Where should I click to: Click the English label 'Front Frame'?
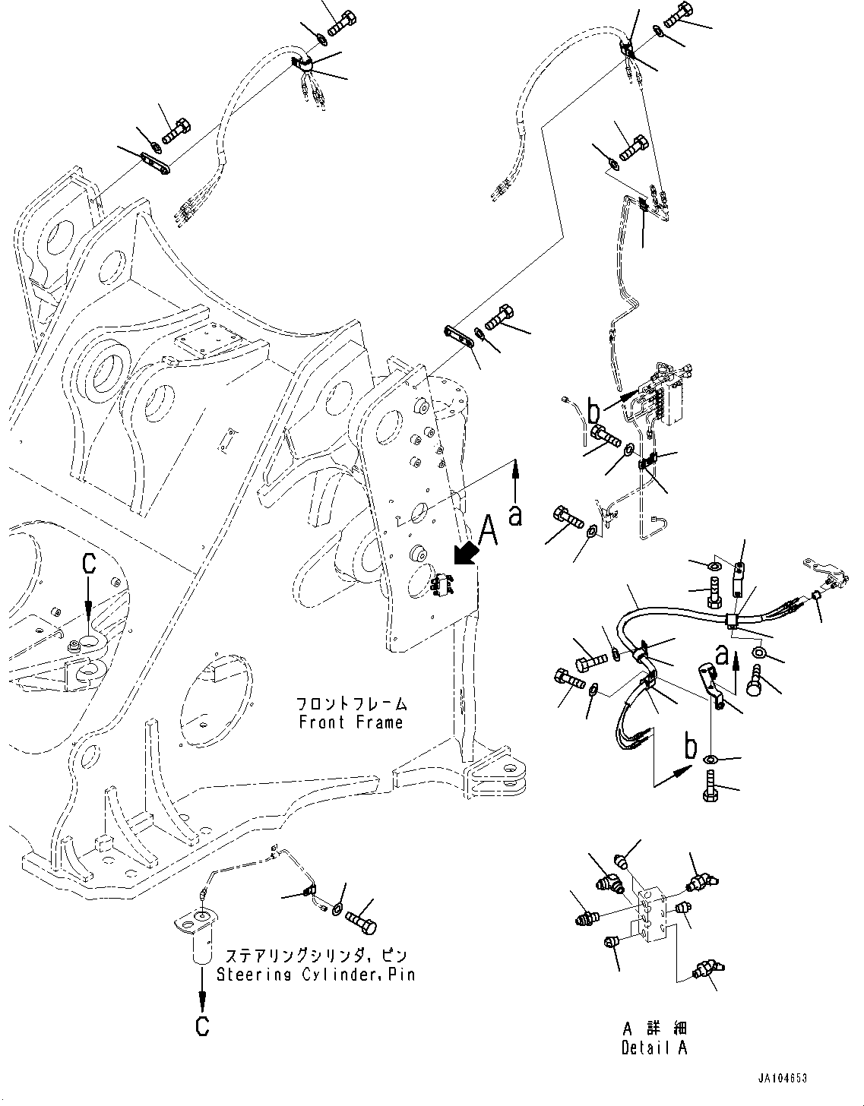[350, 722]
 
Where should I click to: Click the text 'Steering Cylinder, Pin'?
[316, 975]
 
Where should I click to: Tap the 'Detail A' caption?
[654, 1049]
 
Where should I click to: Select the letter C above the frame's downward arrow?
[89, 564]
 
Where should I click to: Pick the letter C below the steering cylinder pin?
[202, 1027]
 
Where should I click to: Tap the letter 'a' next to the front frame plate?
[516, 516]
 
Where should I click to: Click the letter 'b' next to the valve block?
[594, 412]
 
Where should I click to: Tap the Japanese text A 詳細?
[654, 1030]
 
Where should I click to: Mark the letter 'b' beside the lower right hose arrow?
[690, 748]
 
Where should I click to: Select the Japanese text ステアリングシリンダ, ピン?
[316, 956]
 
